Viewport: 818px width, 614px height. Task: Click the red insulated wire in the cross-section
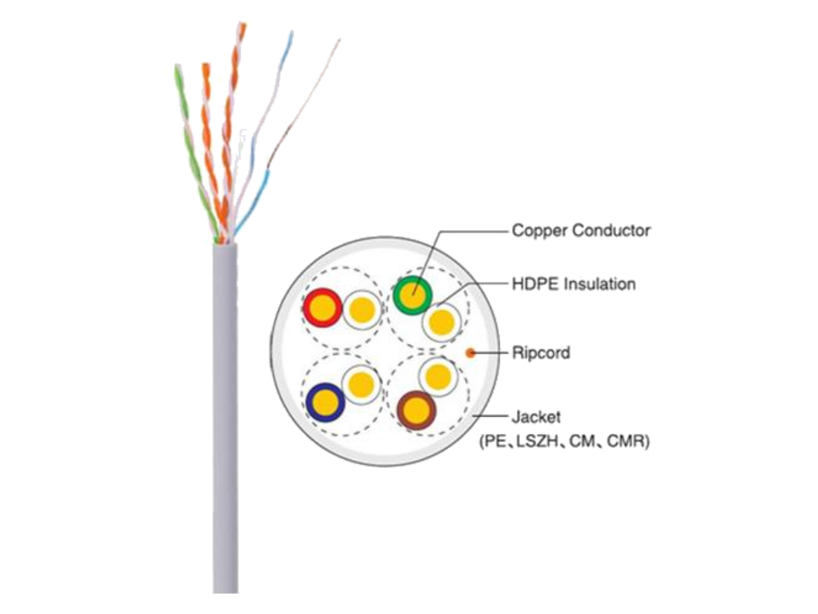tap(322, 308)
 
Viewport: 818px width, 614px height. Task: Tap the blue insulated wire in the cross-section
tap(325, 403)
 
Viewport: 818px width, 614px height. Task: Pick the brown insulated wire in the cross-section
tap(416, 410)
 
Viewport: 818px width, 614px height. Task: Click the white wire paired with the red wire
tap(361, 310)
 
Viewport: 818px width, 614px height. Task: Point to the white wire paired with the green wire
tap(441, 322)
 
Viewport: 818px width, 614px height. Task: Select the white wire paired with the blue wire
tap(361, 385)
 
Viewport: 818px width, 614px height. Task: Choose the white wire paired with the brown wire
tap(438, 377)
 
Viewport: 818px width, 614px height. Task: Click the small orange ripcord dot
tap(470, 352)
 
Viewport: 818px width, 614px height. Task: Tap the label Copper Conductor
tap(581, 231)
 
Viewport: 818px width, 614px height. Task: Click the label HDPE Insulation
tap(574, 284)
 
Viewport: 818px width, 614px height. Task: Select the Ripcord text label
tap(541, 353)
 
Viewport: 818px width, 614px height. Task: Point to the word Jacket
tap(536, 417)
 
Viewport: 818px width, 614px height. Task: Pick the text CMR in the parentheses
tap(625, 441)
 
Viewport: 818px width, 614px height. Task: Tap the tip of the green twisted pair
tap(177, 65)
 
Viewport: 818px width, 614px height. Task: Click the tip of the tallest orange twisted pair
tap(243, 24)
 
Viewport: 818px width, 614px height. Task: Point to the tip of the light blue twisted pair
tap(292, 32)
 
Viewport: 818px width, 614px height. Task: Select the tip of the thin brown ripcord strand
tap(339, 39)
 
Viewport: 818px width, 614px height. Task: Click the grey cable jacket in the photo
tap(226, 418)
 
